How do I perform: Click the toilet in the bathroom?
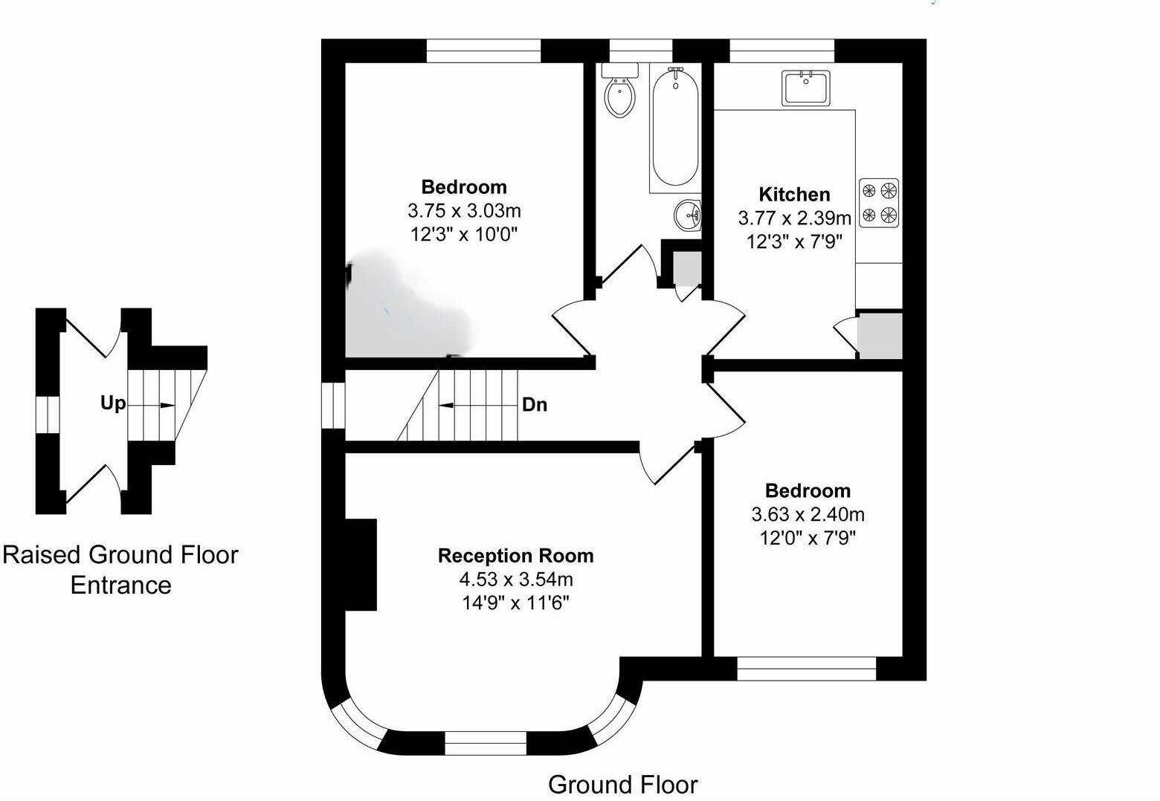click(x=620, y=94)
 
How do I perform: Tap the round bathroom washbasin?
click(x=688, y=215)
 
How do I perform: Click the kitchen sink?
click(x=806, y=88)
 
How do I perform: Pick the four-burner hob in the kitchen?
click(x=879, y=203)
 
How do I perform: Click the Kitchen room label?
click(x=794, y=195)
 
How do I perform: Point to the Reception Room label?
click(x=515, y=556)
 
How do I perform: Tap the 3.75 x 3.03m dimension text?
click(x=464, y=210)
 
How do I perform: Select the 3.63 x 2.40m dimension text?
click(x=808, y=514)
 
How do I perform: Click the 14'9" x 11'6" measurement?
click(x=515, y=603)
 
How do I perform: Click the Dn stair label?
click(x=535, y=405)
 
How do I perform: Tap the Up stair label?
click(x=113, y=403)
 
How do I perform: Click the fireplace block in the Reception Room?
click(x=361, y=565)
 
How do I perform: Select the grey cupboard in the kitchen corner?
click(x=880, y=335)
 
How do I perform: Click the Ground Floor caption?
click(x=622, y=785)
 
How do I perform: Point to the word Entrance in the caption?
click(x=120, y=586)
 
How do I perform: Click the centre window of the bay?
click(x=486, y=742)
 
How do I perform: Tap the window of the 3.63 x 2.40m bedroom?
click(x=807, y=669)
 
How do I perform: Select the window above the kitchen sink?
click(x=782, y=51)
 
